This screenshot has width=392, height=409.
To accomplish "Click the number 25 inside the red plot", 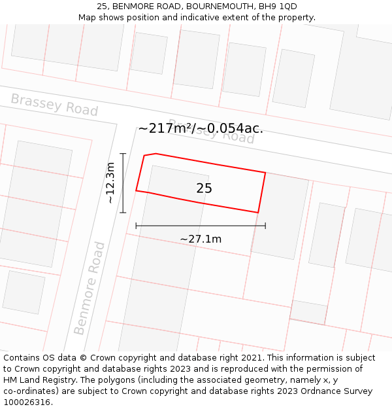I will pos(204,188).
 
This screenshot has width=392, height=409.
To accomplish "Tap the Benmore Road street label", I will pos(90,288).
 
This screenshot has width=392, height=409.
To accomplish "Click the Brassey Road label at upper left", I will pos(54,105).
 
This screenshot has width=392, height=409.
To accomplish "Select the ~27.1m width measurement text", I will pos(201,239).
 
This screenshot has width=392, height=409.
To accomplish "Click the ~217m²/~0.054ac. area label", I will pos(201,128).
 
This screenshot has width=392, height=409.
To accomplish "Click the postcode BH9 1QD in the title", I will pos(278,7).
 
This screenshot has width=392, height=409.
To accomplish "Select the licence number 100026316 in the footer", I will pos(27,402).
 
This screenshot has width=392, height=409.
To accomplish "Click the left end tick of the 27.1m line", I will pos(136,226).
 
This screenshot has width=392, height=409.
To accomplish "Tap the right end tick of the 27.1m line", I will pos(265,226).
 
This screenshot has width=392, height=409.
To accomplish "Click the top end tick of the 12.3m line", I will pos(123,154).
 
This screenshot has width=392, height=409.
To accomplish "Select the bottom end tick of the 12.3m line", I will pos(123,212).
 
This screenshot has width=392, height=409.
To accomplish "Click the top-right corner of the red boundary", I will pos(265,172).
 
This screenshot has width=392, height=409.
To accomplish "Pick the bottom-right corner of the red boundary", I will pos(258,213).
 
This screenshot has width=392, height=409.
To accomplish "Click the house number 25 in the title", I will pos(102,7).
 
